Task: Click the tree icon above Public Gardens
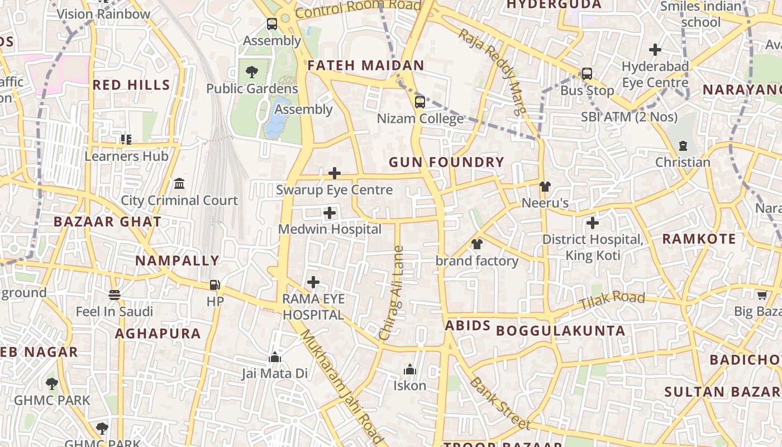tap(251, 72)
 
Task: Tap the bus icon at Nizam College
tap(419, 102)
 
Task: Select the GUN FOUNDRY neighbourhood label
tap(446, 163)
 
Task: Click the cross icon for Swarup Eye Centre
tap(335, 173)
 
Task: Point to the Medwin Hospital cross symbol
tap(330, 213)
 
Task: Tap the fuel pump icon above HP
tap(214, 285)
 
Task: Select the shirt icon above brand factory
tap(476, 244)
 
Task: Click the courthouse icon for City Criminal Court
tap(179, 183)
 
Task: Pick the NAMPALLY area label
tap(177, 261)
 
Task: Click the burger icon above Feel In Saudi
tap(115, 294)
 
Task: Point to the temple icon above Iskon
tap(410, 369)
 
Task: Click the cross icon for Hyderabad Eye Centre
tap(655, 50)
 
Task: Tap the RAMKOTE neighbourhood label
tap(699, 239)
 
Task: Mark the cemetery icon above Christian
tap(683, 146)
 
